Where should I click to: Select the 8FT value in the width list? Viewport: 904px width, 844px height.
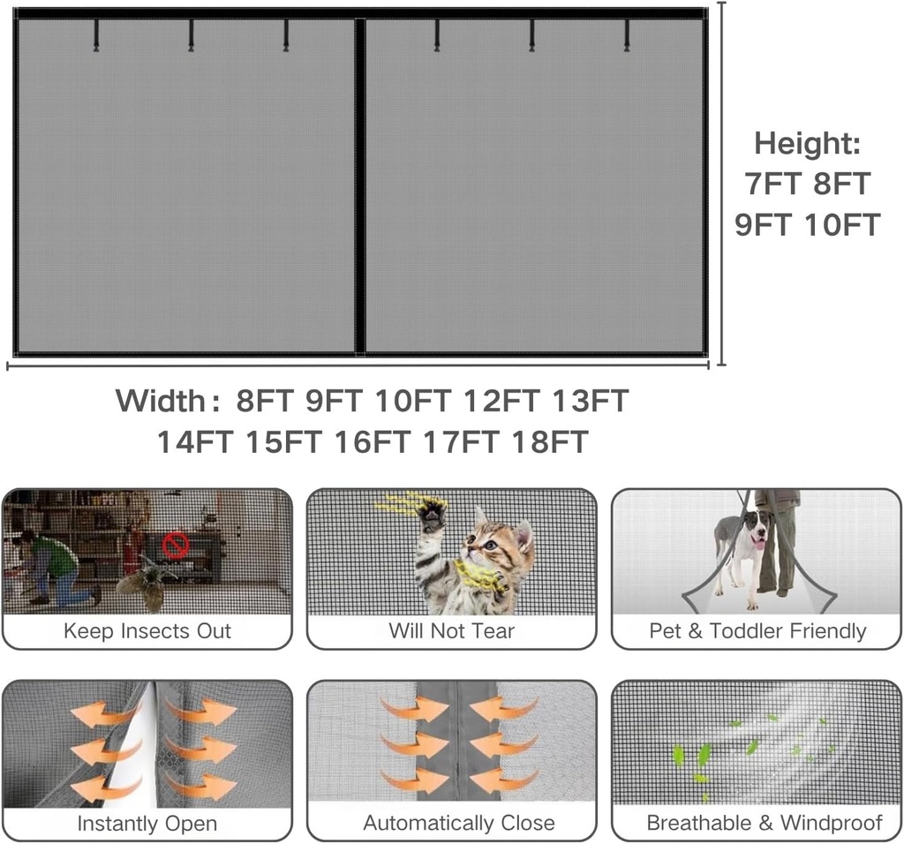(x=264, y=401)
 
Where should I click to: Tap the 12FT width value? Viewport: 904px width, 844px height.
(x=501, y=401)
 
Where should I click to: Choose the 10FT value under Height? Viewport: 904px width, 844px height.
(x=842, y=224)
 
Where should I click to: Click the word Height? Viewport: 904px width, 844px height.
(x=806, y=143)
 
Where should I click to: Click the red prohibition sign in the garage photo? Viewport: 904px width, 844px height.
(x=175, y=546)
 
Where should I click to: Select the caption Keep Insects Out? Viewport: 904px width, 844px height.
(x=147, y=631)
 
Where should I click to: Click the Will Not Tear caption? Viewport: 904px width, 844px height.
(x=451, y=631)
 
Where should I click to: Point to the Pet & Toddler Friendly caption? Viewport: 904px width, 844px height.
(x=757, y=631)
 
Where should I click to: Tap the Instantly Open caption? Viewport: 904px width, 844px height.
(x=147, y=824)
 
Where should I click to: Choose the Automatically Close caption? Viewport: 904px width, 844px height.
(x=459, y=824)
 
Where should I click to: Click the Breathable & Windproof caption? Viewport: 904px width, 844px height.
(x=765, y=824)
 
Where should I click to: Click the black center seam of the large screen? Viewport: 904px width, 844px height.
(x=360, y=185)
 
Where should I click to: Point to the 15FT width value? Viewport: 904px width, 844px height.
(x=282, y=441)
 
